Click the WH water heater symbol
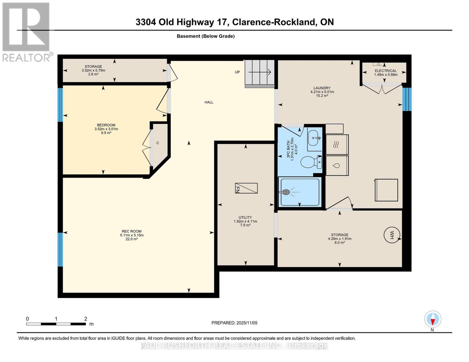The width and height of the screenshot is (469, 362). (392, 235)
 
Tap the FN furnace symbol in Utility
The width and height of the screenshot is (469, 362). (246, 188)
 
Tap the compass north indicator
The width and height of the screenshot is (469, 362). (432, 319)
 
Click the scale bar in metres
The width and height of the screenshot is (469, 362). (56, 324)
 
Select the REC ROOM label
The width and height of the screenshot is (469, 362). (132, 231)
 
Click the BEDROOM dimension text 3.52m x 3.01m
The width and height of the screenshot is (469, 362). (106, 129)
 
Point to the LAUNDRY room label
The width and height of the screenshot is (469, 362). (322, 88)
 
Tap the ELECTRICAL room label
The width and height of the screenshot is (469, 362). (385, 71)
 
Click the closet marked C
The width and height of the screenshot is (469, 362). (158, 143)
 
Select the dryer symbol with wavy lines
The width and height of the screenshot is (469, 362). (337, 145)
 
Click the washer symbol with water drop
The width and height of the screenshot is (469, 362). (337, 166)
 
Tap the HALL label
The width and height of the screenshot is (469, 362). (209, 102)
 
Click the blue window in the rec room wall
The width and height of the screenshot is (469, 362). (60, 249)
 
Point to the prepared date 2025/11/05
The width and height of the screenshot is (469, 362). (234, 323)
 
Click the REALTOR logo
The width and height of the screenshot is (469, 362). (26, 32)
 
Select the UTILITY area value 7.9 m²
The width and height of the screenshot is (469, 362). (245, 225)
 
